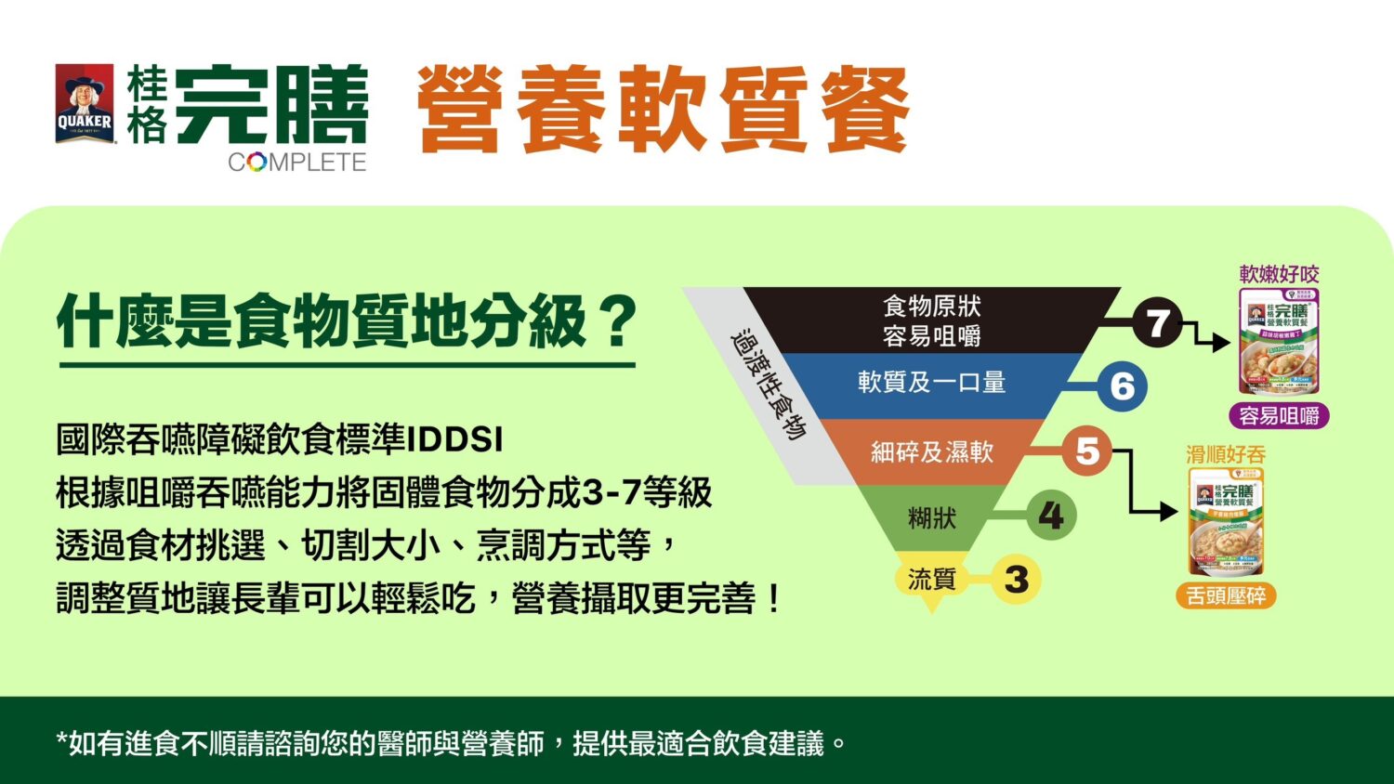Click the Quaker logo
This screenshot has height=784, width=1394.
[85, 104]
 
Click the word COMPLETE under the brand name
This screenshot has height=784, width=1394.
[296, 162]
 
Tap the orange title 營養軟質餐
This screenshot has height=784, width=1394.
[663, 110]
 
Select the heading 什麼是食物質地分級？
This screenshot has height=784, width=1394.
[347, 322]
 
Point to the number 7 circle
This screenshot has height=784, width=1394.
[1157, 323]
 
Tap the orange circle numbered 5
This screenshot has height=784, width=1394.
[1086, 451]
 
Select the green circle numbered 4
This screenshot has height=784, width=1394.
[1051, 516]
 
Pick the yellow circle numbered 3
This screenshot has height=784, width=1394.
[1016, 580]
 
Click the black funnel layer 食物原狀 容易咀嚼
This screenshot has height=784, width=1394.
[931, 320]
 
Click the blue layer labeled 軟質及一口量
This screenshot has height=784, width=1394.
[931, 383]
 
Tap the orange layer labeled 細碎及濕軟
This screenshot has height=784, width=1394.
[931, 452]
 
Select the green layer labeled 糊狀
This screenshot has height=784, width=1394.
[931, 517]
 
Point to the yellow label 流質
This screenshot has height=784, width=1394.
[931, 580]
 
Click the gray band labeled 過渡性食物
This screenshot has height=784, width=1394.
[767, 383]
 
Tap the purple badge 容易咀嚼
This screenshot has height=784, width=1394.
[1279, 415]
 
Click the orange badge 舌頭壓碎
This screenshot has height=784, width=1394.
[1226, 595]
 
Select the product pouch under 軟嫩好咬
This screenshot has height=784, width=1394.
[1279, 342]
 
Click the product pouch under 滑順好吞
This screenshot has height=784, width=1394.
[1226, 522]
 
